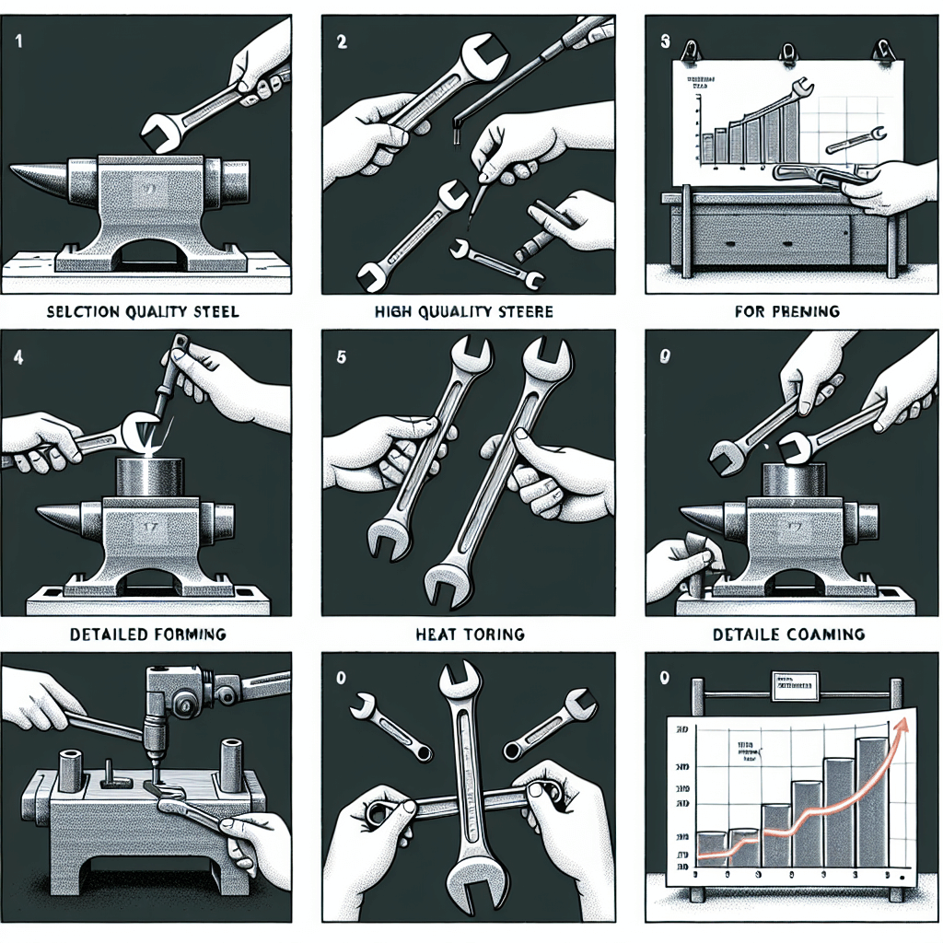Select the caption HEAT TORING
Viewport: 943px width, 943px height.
click(x=471, y=634)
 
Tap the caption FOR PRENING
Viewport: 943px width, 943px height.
click(x=787, y=311)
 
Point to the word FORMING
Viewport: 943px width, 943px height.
click(x=186, y=634)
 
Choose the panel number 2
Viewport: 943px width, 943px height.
click(x=342, y=42)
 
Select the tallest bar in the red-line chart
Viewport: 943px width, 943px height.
click(x=871, y=801)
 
